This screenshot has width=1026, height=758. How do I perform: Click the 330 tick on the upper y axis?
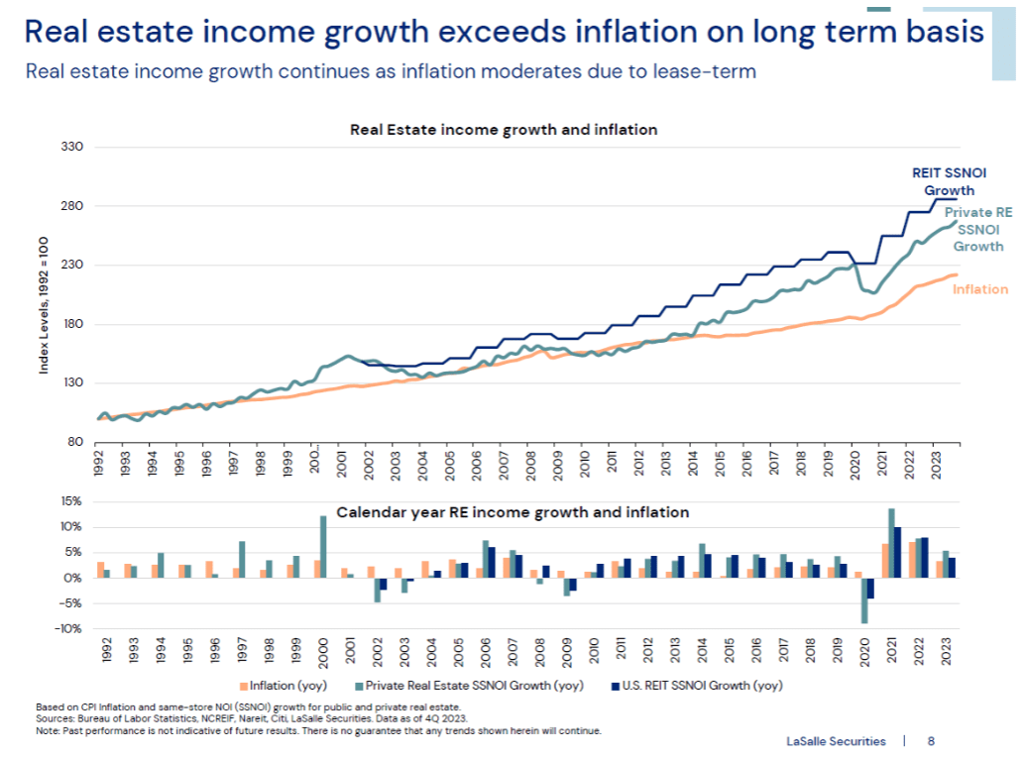(x=73, y=147)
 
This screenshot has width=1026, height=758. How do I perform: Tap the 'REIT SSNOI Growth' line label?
(x=949, y=181)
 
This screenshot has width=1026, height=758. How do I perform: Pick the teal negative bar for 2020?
(x=864, y=599)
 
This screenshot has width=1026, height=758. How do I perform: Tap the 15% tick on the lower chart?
(x=70, y=501)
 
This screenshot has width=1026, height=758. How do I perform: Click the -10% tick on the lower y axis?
(x=68, y=628)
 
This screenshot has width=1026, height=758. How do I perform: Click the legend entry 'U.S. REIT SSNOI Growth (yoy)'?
(x=688, y=685)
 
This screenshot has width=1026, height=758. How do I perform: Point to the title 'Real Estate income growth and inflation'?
(x=504, y=129)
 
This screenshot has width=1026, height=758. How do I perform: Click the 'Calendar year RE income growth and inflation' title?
(x=513, y=512)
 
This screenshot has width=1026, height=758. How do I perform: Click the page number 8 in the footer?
(x=931, y=739)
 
